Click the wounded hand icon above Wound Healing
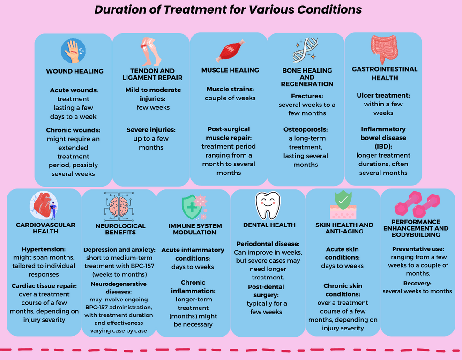pos(74,51)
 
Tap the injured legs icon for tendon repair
pos(150,52)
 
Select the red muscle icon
pos(230,51)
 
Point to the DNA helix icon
pos(305,50)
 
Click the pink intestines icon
pos(384,49)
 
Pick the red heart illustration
pos(44,205)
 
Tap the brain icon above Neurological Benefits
pos(119,206)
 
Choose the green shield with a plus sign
pos(194,207)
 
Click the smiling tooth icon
pos(268,205)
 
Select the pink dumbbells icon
pos(417,204)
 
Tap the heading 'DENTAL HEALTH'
pos(269,225)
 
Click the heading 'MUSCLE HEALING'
pos(230,70)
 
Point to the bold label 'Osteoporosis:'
pos(306,129)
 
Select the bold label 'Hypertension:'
pos(44,249)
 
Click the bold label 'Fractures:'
pos(307,96)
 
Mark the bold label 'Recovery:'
pos(417,283)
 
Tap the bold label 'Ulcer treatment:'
pos(383,95)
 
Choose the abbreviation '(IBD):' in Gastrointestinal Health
pos(383,147)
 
